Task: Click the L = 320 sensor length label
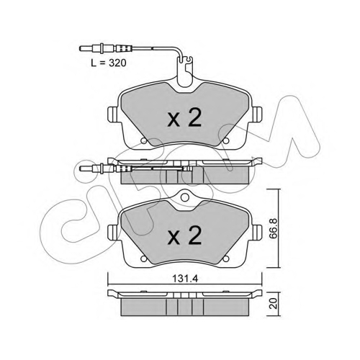(109, 63)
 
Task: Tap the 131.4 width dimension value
(185, 279)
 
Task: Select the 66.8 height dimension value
(274, 228)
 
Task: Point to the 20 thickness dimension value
(274, 303)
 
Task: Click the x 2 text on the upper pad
(184, 117)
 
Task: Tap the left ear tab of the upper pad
(112, 114)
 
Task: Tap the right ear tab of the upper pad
(256, 114)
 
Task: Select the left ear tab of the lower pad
(112, 233)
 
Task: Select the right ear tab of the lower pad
(256, 233)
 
